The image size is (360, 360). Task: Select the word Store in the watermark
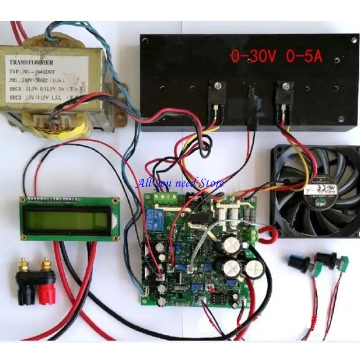(x=211, y=183)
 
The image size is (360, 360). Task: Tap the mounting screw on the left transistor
(x=218, y=84)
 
